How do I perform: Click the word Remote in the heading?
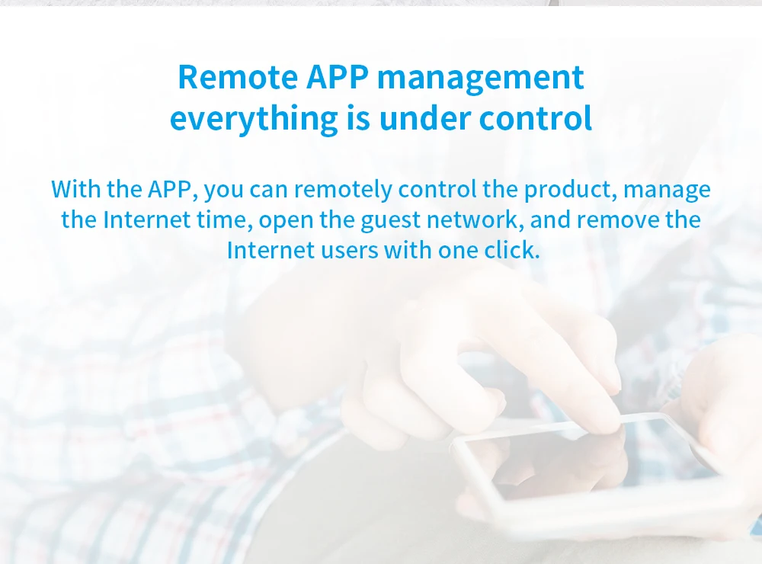pyautogui.click(x=238, y=77)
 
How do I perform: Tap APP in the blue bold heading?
pyautogui.click(x=338, y=77)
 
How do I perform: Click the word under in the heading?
pyautogui.click(x=425, y=118)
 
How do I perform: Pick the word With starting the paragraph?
pyautogui.click(x=75, y=189)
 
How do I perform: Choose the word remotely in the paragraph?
pyautogui.click(x=343, y=190)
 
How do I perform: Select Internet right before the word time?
pyautogui.click(x=146, y=220)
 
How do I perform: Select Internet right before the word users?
pyautogui.click(x=271, y=251)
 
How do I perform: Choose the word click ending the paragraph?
pyautogui.click(x=512, y=251)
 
